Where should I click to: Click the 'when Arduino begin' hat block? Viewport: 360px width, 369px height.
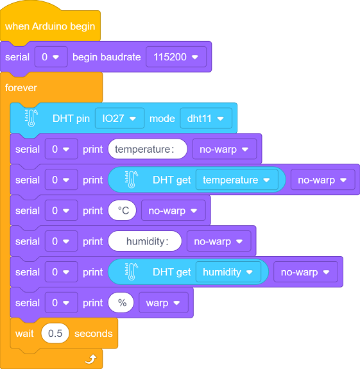pyautogui.click(x=50, y=26)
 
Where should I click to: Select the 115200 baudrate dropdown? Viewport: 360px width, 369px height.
pyautogui.click(x=176, y=57)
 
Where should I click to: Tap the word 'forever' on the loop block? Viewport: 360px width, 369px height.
pyautogui.click(x=21, y=88)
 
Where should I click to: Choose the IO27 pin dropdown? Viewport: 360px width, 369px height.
pyautogui.click(x=119, y=118)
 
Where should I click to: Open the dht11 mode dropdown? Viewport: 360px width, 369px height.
pyautogui.click(x=206, y=118)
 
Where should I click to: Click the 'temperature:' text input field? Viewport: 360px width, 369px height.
pyautogui.click(x=148, y=149)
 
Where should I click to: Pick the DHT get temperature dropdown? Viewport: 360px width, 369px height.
pyautogui.click(x=237, y=180)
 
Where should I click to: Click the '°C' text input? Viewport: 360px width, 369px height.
pyautogui.click(x=122, y=210)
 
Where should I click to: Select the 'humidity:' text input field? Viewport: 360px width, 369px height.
pyautogui.click(x=145, y=241)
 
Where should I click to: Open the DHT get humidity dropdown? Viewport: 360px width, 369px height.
pyautogui.click(x=228, y=272)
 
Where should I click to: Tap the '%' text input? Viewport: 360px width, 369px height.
pyautogui.click(x=121, y=303)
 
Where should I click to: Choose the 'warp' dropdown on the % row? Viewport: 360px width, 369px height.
pyautogui.click(x=164, y=303)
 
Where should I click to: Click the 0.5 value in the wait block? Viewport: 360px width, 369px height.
pyautogui.click(x=55, y=334)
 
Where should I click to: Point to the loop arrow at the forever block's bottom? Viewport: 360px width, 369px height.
pyautogui.click(x=91, y=359)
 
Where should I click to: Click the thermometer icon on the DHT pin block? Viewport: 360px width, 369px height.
pyautogui.click(x=31, y=118)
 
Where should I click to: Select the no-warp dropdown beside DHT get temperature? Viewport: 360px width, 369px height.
pyautogui.click(x=323, y=180)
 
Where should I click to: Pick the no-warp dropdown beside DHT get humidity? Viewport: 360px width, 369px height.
pyautogui.click(x=305, y=272)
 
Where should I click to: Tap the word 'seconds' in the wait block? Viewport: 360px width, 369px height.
pyautogui.click(x=94, y=334)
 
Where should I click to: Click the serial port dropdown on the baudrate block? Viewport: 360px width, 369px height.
pyautogui.click(x=51, y=57)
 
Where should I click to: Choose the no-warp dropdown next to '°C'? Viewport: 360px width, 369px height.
pyautogui.click(x=173, y=210)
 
